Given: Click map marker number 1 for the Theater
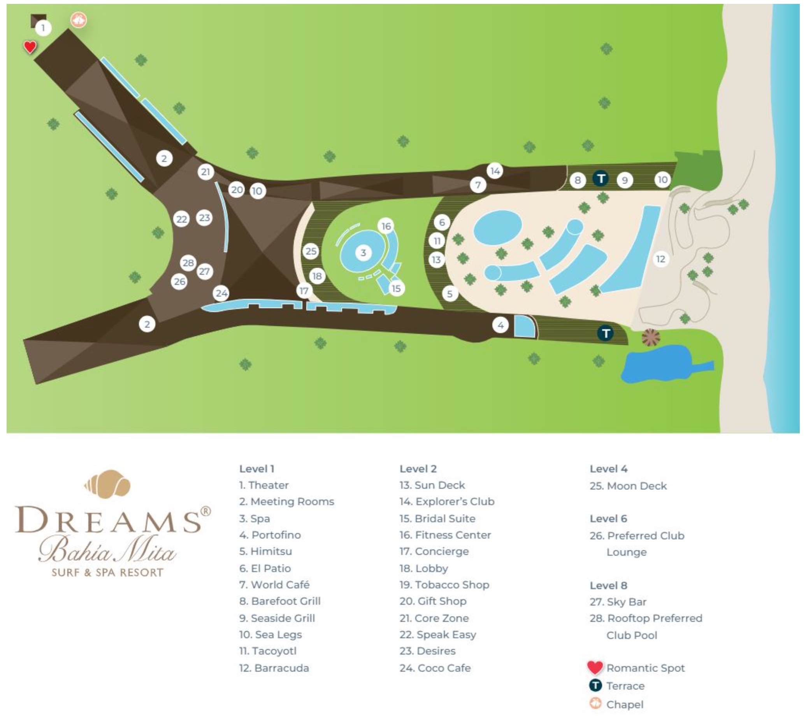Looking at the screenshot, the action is pyautogui.click(x=43, y=28).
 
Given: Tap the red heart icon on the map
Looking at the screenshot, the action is pyautogui.click(x=30, y=47).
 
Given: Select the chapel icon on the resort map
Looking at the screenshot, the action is pyautogui.click(x=78, y=19).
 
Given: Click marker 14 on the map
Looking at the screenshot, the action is pyautogui.click(x=495, y=171).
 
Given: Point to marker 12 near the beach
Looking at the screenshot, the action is pyautogui.click(x=660, y=259).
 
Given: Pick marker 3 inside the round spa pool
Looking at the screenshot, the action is pyautogui.click(x=363, y=253).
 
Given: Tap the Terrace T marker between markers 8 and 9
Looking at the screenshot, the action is pyautogui.click(x=601, y=179).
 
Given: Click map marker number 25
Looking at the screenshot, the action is pyautogui.click(x=311, y=251).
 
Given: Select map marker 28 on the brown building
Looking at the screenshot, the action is pyautogui.click(x=188, y=263).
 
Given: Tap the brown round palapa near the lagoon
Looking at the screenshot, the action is pyautogui.click(x=651, y=337).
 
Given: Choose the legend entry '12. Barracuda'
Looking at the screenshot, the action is pyautogui.click(x=274, y=668).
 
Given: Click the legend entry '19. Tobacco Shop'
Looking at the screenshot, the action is pyautogui.click(x=444, y=584).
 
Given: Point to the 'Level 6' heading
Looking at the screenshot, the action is pyautogui.click(x=608, y=518).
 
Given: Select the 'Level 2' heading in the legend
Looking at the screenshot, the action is pyautogui.click(x=418, y=469).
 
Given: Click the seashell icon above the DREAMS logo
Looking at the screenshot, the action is pyautogui.click(x=108, y=483).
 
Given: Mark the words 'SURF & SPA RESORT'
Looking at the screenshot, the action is pyautogui.click(x=107, y=572).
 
